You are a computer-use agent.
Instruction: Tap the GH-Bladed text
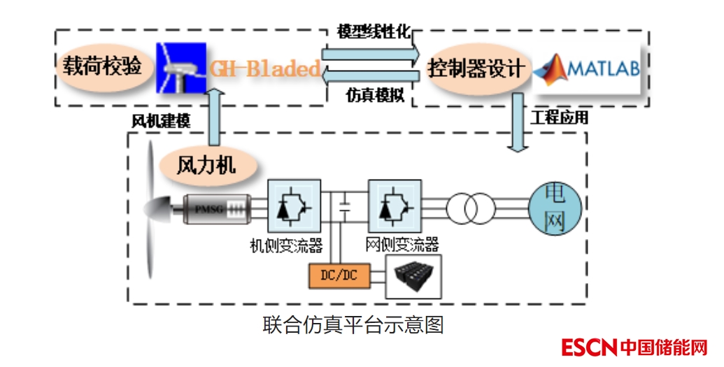point(264,69)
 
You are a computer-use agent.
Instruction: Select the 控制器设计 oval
point(476,69)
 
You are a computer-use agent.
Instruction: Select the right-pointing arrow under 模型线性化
point(371,53)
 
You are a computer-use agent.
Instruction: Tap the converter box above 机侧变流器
point(294,206)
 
